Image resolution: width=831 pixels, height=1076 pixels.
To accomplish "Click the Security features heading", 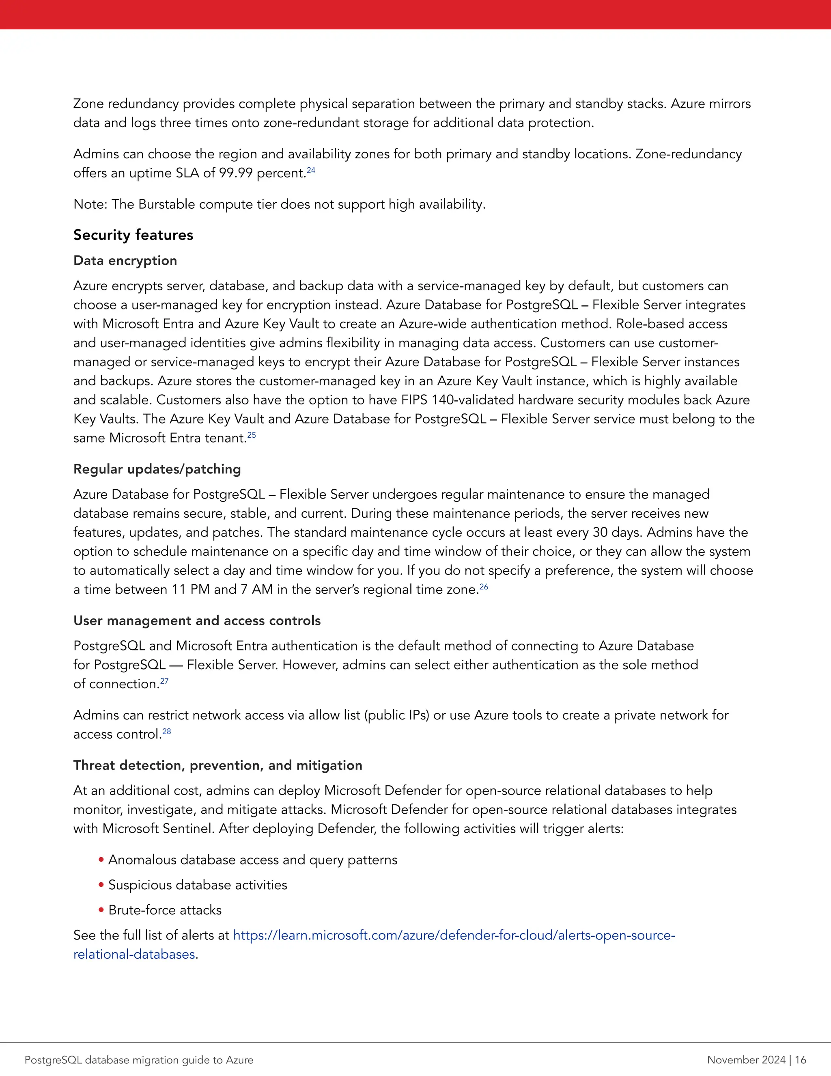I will pos(133,235).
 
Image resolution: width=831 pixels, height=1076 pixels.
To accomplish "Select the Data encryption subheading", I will pos(125,261).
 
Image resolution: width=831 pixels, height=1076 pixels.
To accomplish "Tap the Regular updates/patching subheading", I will pos(157,469).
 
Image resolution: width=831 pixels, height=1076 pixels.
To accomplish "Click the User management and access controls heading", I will pos(197,620).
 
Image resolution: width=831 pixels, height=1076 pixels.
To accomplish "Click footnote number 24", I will pos(311,171).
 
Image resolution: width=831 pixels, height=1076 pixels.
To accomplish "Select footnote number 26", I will pos(484,587).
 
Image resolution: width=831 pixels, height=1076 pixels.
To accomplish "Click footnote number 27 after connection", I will pos(164,681).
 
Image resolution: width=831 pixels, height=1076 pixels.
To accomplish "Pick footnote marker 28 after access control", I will pos(167,732).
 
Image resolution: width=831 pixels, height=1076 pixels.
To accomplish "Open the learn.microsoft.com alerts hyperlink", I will pos(453,935).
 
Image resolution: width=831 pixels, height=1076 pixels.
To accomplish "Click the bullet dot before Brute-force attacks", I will pos(101,910).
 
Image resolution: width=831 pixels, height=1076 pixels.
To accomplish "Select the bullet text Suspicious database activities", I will pos(198,885).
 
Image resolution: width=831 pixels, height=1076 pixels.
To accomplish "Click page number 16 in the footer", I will pos(801,1060).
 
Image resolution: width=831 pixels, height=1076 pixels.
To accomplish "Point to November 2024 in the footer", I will pos(746,1060).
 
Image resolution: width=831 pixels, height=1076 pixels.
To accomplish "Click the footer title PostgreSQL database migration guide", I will pos(139,1060).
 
